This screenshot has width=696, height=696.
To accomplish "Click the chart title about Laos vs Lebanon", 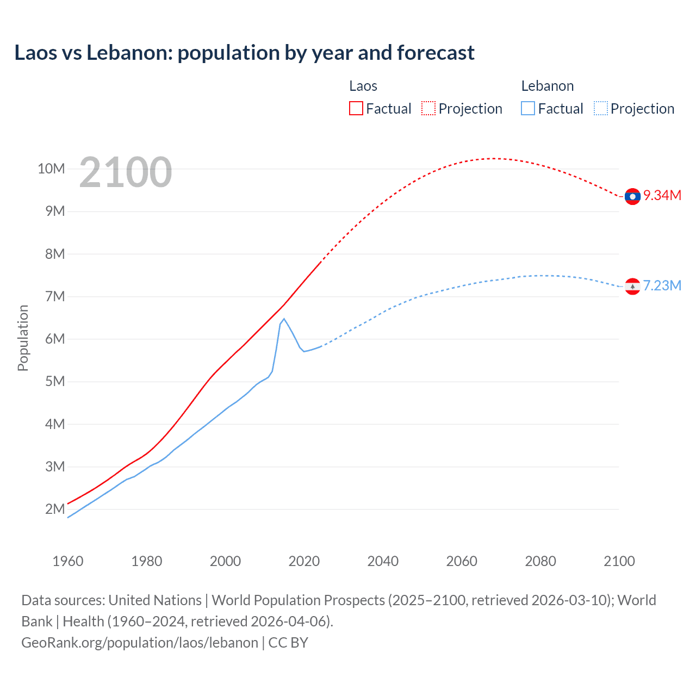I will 244,53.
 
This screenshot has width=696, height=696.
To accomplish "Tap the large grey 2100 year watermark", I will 126,172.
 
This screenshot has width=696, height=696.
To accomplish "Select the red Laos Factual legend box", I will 356,108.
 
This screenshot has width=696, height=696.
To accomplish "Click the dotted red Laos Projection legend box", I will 428,108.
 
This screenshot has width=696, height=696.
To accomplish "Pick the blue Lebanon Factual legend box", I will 527,108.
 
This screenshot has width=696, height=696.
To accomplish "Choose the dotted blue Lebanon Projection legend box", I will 601,108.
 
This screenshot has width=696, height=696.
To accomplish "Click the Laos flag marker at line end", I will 632,196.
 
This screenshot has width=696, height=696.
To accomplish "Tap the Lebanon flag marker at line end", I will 632,286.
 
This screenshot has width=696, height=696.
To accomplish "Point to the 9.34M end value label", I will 662,196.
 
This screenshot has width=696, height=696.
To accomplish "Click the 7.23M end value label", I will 662,286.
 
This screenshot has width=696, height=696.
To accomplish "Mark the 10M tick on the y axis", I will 51,169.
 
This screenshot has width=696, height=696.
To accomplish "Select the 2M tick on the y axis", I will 55,509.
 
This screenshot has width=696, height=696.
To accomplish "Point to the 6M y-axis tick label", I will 55,339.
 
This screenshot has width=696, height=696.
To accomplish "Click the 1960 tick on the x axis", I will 68,561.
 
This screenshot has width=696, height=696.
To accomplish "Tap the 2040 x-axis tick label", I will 383,561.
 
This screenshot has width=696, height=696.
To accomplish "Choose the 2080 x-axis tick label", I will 540,561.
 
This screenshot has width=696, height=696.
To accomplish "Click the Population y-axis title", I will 23,338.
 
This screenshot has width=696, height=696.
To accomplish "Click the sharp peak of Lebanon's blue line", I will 284,319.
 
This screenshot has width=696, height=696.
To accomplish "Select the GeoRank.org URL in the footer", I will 140,643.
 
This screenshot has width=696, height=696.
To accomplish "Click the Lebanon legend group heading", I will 547,86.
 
